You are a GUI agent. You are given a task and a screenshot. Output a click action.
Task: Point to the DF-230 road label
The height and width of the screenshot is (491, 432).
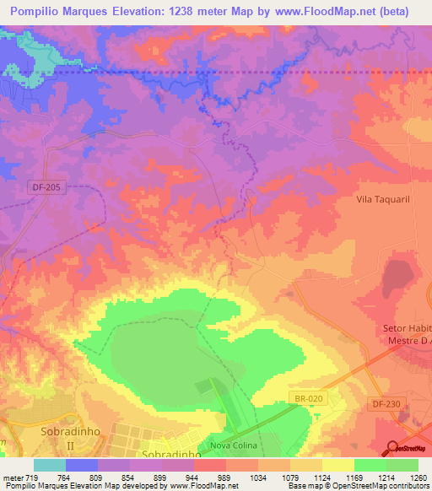click(386, 404)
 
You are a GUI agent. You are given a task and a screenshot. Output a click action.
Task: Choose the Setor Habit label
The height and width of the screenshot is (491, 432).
click(402, 327)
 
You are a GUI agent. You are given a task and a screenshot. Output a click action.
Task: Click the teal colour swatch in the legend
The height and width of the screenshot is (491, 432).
click(50, 466)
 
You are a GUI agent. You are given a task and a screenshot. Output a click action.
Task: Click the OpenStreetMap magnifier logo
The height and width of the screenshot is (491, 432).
click(393, 448)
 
